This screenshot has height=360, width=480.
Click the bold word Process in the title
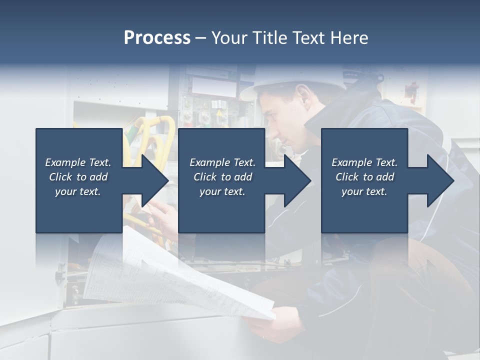click(x=157, y=38)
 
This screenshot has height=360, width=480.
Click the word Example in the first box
click(x=65, y=162)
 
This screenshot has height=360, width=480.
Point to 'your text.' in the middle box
click(x=222, y=191)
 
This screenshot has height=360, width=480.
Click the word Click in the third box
click(x=347, y=177)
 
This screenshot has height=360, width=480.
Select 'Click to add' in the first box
click(x=78, y=177)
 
